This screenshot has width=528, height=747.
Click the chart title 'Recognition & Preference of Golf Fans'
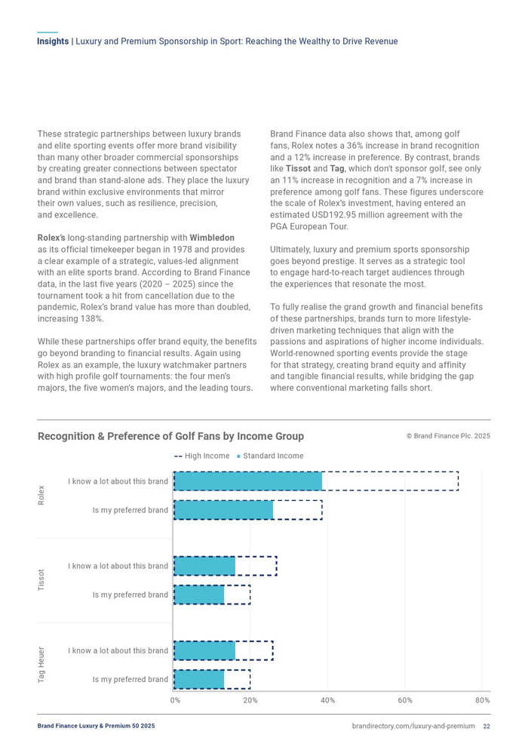click(x=170, y=436)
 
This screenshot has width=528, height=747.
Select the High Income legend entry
click(x=202, y=456)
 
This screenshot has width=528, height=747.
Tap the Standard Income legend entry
click(x=270, y=456)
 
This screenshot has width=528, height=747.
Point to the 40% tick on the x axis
click(x=327, y=700)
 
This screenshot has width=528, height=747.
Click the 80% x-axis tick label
click(x=483, y=700)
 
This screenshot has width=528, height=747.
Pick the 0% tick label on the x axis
click(x=175, y=700)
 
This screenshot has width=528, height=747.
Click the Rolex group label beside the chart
click(x=41, y=496)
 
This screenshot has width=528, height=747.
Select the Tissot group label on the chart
click(x=41, y=580)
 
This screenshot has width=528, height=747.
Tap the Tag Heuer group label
click(x=41, y=665)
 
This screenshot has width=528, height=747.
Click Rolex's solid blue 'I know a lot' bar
click(x=248, y=481)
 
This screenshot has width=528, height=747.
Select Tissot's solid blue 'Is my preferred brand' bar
click(x=199, y=595)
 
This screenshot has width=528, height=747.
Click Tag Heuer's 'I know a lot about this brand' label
click(x=118, y=650)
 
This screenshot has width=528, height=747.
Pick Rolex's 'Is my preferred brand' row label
click(x=130, y=510)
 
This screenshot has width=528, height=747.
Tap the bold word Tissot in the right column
click(x=298, y=168)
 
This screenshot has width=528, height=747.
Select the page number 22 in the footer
click(x=487, y=726)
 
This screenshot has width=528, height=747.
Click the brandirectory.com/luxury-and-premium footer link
click(x=413, y=726)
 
